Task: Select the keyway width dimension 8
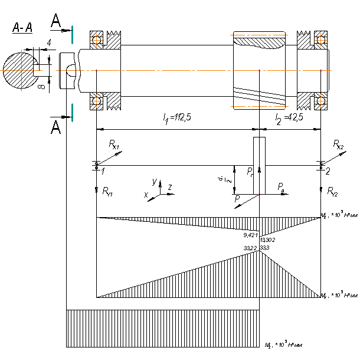tap(41, 86)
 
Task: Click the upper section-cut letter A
tap(56, 22)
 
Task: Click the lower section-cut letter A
tap(56, 126)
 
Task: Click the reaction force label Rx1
tap(114, 144)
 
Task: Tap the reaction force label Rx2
tap(338, 143)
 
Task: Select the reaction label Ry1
tap(108, 191)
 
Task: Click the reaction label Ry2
tap(332, 191)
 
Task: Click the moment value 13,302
tap(267, 240)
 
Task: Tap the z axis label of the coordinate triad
tap(169, 187)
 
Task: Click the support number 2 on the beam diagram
tap(328, 170)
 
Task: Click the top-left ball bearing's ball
tap(96, 41)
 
